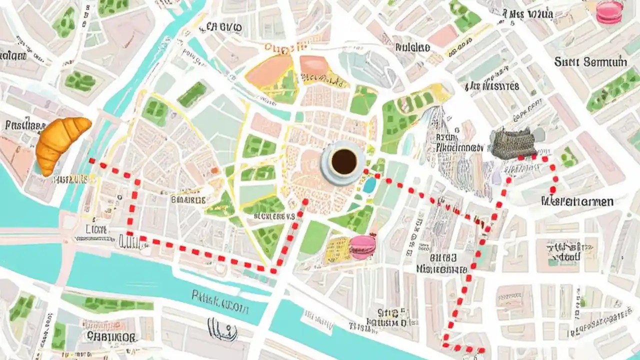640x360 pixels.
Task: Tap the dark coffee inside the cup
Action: (344, 161)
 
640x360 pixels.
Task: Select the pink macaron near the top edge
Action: (608, 12)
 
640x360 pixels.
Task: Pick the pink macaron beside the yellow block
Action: (362, 246)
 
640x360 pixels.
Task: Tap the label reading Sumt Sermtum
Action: (590, 62)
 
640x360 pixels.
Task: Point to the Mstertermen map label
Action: (577, 201)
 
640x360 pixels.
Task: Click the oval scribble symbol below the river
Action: (222, 328)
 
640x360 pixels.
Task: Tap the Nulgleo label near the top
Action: (412, 47)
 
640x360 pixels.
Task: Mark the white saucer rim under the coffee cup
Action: (330, 175)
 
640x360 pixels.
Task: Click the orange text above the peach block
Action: (285, 47)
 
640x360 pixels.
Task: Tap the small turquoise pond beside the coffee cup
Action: (370, 185)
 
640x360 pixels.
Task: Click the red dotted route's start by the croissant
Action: (92, 161)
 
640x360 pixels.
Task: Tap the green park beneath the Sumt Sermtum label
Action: (612, 90)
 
